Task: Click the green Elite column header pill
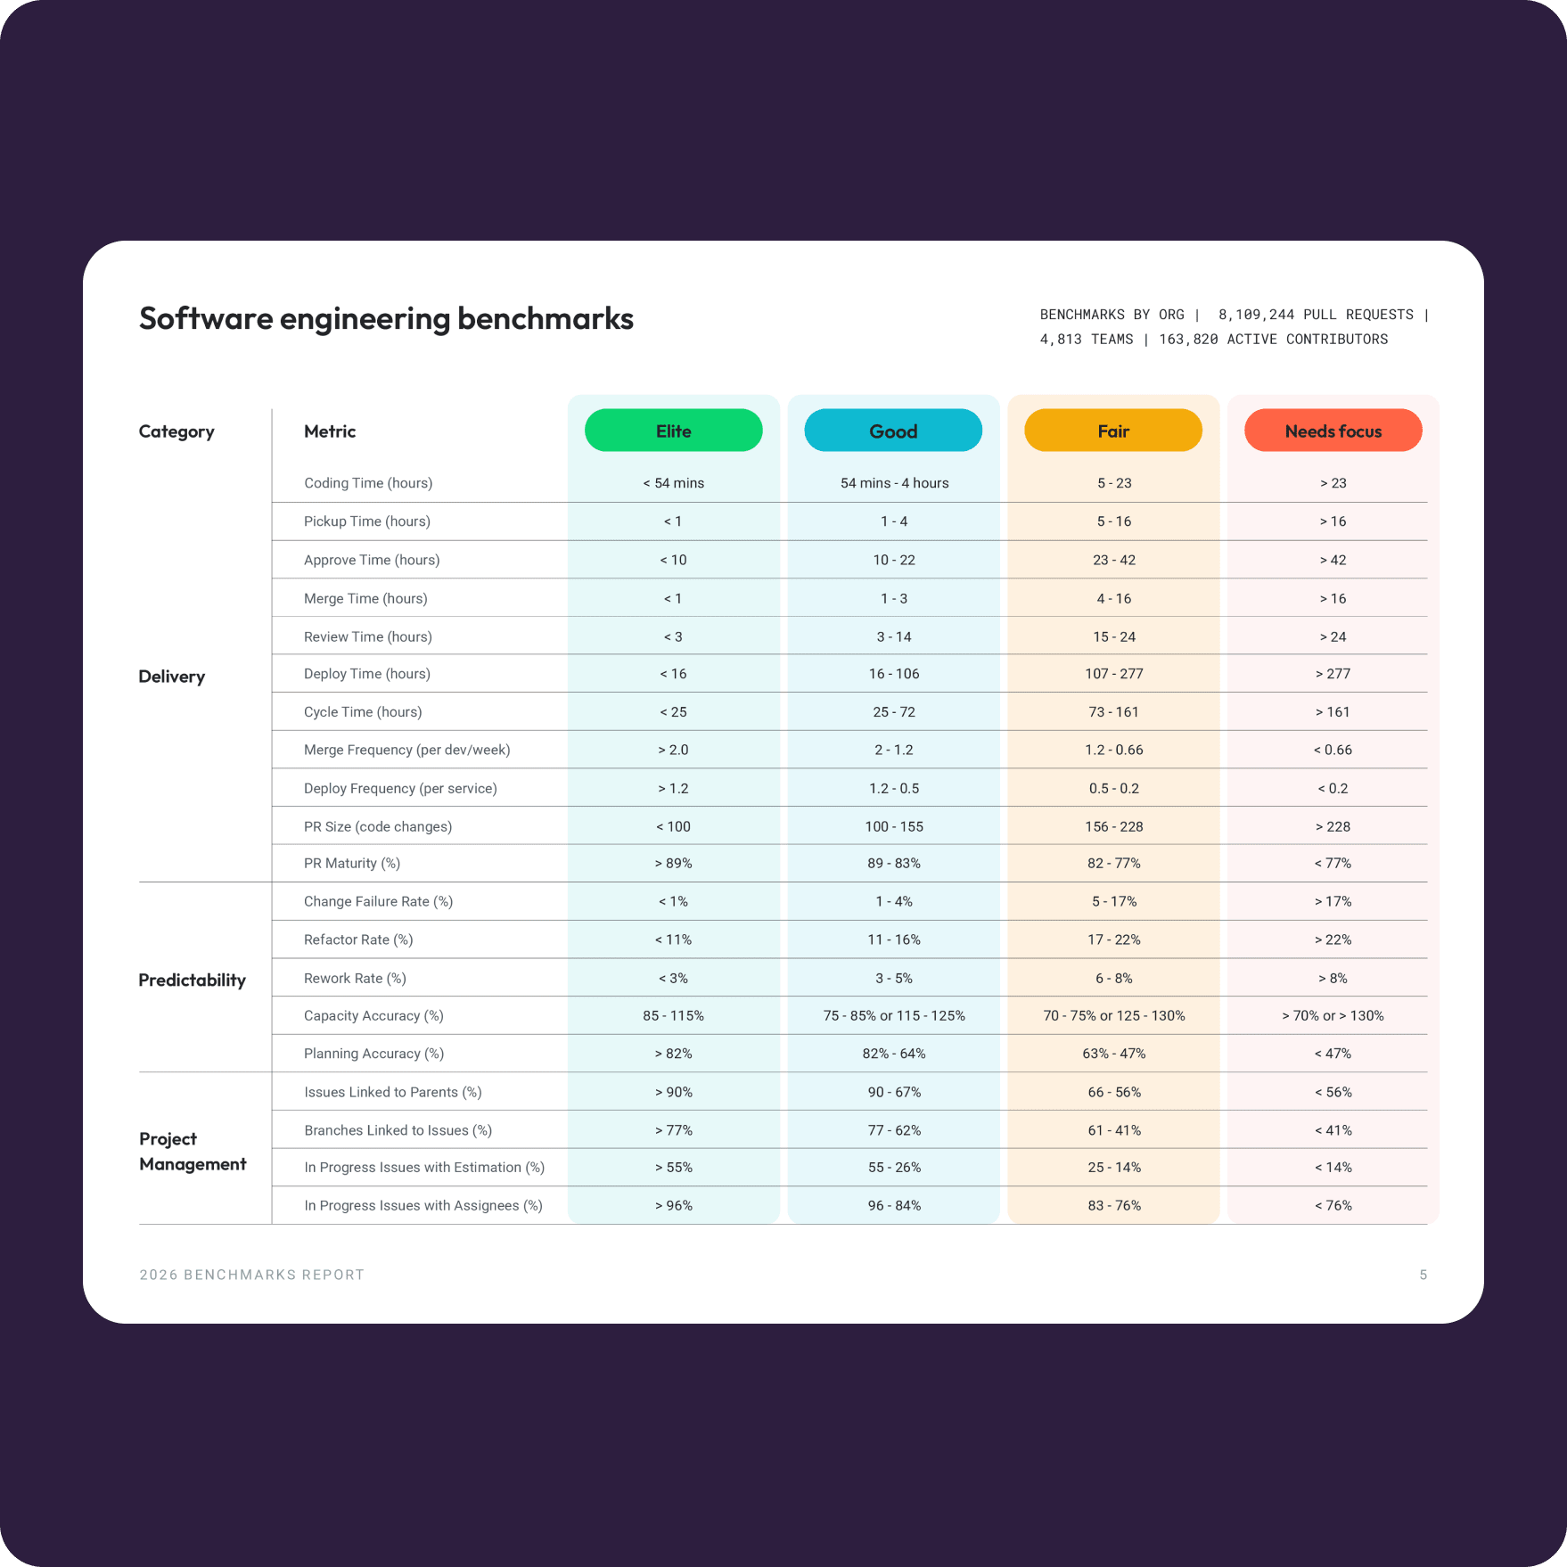point(673,431)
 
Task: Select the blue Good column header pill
point(893,431)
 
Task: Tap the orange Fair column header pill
point(1113,431)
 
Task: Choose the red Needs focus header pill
point(1333,431)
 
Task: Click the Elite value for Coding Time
point(673,483)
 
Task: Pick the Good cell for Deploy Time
point(894,674)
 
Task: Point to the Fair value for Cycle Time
point(1113,712)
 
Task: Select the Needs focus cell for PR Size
point(1333,826)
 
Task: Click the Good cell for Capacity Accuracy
point(894,1016)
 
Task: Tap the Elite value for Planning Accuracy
point(673,1054)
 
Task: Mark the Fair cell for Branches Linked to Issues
point(1113,1130)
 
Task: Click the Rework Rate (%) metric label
point(355,978)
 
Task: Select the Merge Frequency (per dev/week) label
point(406,750)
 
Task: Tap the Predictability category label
point(192,980)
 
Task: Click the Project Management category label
point(192,1151)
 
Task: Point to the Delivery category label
point(171,677)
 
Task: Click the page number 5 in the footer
point(1423,1275)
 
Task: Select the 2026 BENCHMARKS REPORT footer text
point(251,1275)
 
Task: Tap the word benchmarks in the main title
point(545,318)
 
